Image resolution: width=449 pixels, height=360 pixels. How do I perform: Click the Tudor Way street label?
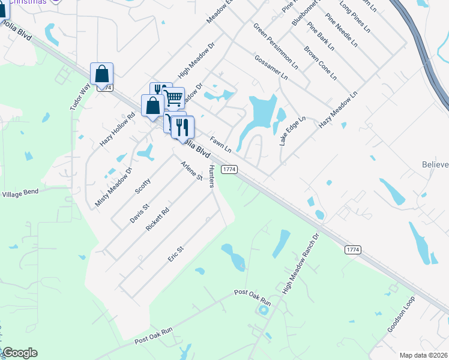click(x=80, y=96)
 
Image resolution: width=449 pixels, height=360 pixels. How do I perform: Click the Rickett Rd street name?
click(x=158, y=220)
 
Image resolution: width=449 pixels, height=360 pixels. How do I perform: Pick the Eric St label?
click(x=175, y=253)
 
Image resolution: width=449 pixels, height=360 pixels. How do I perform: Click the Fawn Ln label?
click(x=221, y=145)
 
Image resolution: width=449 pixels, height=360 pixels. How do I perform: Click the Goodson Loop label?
click(x=401, y=315)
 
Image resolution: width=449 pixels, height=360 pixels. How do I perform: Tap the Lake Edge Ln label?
click(x=292, y=131)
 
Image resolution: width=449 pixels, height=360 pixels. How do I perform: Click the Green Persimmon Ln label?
click(x=276, y=47)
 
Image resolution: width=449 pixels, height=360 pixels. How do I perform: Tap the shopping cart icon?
click(x=173, y=97)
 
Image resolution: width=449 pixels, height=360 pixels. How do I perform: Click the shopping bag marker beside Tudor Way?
click(x=102, y=74)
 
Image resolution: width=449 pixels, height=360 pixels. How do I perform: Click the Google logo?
click(x=20, y=353)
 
